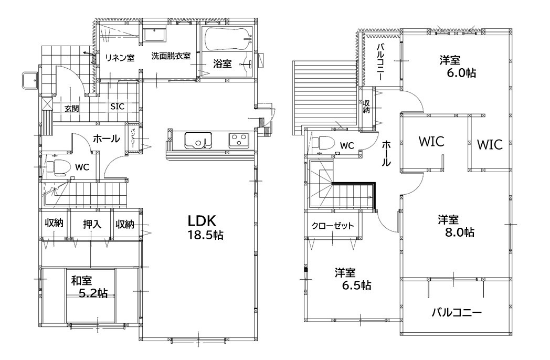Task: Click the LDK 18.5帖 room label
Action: click(x=206, y=227)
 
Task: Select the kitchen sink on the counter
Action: click(x=198, y=140)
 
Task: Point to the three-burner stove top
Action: click(x=239, y=140)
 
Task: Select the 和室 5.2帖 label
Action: click(x=89, y=287)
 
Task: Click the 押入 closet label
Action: click(x=92, y=224)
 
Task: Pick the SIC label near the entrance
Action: click(x=117, y=107)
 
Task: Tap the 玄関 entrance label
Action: click(x=71, y=109)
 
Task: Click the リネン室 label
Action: click(x=120, y=58)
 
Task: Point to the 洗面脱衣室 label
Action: click(x=171, y=56)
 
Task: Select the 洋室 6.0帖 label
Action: click(x=458, y=67)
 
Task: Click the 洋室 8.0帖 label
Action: click(x=456, y=226)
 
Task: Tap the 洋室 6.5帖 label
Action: click(x=353, y=279)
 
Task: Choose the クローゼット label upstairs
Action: click(x=333, y=226)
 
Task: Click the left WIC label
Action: click(x=431, y=141)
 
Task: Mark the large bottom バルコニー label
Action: click(x=457, y=312)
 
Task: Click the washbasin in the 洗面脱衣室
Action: click(x=155, y=36)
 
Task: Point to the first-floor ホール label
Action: click(x=107, y=139)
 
